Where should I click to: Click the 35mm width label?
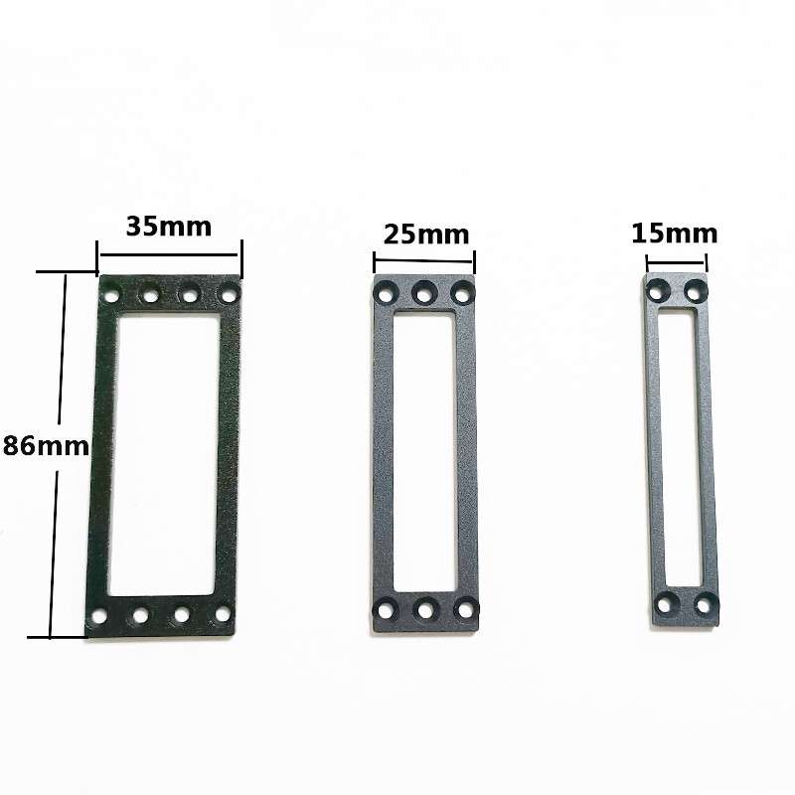[x=169, y=226]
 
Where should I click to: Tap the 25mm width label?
[x=426, y=235]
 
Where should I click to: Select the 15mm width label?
[x=674, y=234]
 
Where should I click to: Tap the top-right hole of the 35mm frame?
[x=229, y=295]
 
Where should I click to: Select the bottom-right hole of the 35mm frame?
[x=220, y=617]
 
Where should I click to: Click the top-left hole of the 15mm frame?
[x=656, y=289]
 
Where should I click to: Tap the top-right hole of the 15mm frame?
[x=695, y=289]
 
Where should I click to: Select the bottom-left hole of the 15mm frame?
[x=665, y=602]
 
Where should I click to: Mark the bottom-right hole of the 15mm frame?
[x=704, y=602]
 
